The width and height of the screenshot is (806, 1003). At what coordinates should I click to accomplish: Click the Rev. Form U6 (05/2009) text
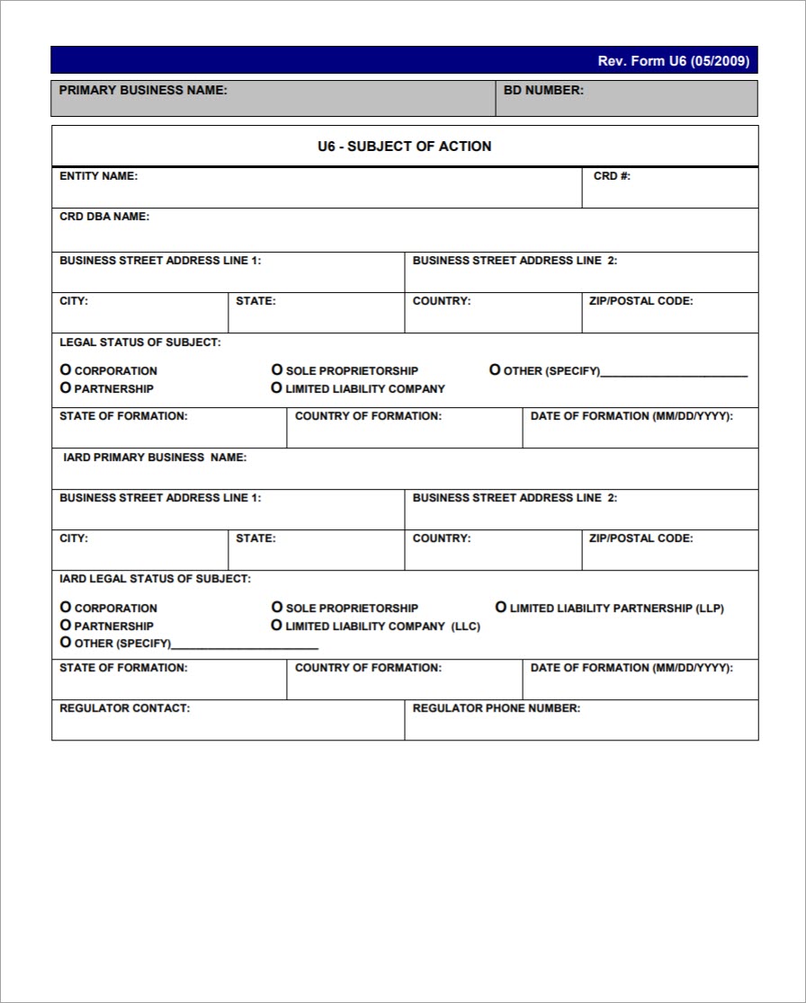[673, 61]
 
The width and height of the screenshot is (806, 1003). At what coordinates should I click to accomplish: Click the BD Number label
[543, 90]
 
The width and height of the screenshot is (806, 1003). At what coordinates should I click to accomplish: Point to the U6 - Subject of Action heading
[404, 146]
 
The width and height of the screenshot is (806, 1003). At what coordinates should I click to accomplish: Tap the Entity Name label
[98, 176]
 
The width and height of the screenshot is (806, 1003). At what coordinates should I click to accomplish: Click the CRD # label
[612, 176]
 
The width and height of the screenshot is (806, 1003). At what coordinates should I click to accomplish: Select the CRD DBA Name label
[104, 217]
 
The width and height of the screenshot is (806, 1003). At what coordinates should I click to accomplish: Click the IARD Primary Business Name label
[155, 457]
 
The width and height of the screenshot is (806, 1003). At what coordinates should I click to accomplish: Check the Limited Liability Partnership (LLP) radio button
[501, 608]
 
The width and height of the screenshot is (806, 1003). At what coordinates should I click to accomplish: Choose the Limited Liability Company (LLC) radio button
[277, 626]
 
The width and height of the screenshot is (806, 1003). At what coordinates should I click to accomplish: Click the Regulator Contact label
[124, 708]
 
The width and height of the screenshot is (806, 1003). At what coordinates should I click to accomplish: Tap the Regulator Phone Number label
[496, 708]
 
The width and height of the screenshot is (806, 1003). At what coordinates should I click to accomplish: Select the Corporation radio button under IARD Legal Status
[66, 608]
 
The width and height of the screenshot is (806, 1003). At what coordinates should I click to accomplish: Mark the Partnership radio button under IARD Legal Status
[66, 626]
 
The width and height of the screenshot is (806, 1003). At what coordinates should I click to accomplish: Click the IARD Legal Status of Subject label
[155, 579]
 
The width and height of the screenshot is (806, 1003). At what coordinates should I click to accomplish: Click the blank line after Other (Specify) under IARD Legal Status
[245, 644]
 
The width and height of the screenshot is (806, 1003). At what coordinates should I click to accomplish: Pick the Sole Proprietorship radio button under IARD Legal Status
[277, 608]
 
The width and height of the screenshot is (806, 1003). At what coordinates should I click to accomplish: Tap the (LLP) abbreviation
[710, 608]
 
